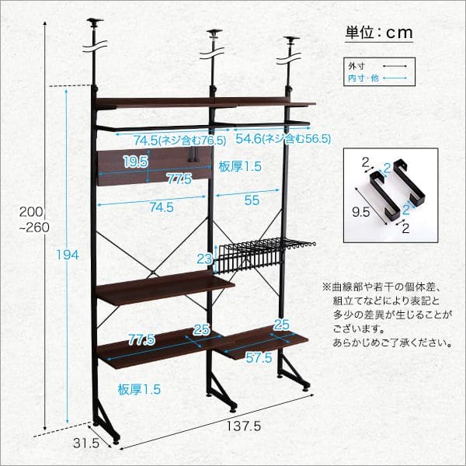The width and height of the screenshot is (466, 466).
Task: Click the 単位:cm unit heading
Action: point(378,33)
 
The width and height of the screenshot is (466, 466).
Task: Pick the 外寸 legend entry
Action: point(358,68)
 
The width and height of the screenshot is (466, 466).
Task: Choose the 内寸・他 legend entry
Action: point(363,78)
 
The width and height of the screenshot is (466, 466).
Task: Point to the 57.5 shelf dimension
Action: point(259,358)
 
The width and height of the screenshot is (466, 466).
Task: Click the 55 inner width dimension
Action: point(251,199)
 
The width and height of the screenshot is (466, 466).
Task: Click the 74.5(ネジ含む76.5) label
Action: point(179,141)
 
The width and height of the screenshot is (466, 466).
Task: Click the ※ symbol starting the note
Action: point(325,287)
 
